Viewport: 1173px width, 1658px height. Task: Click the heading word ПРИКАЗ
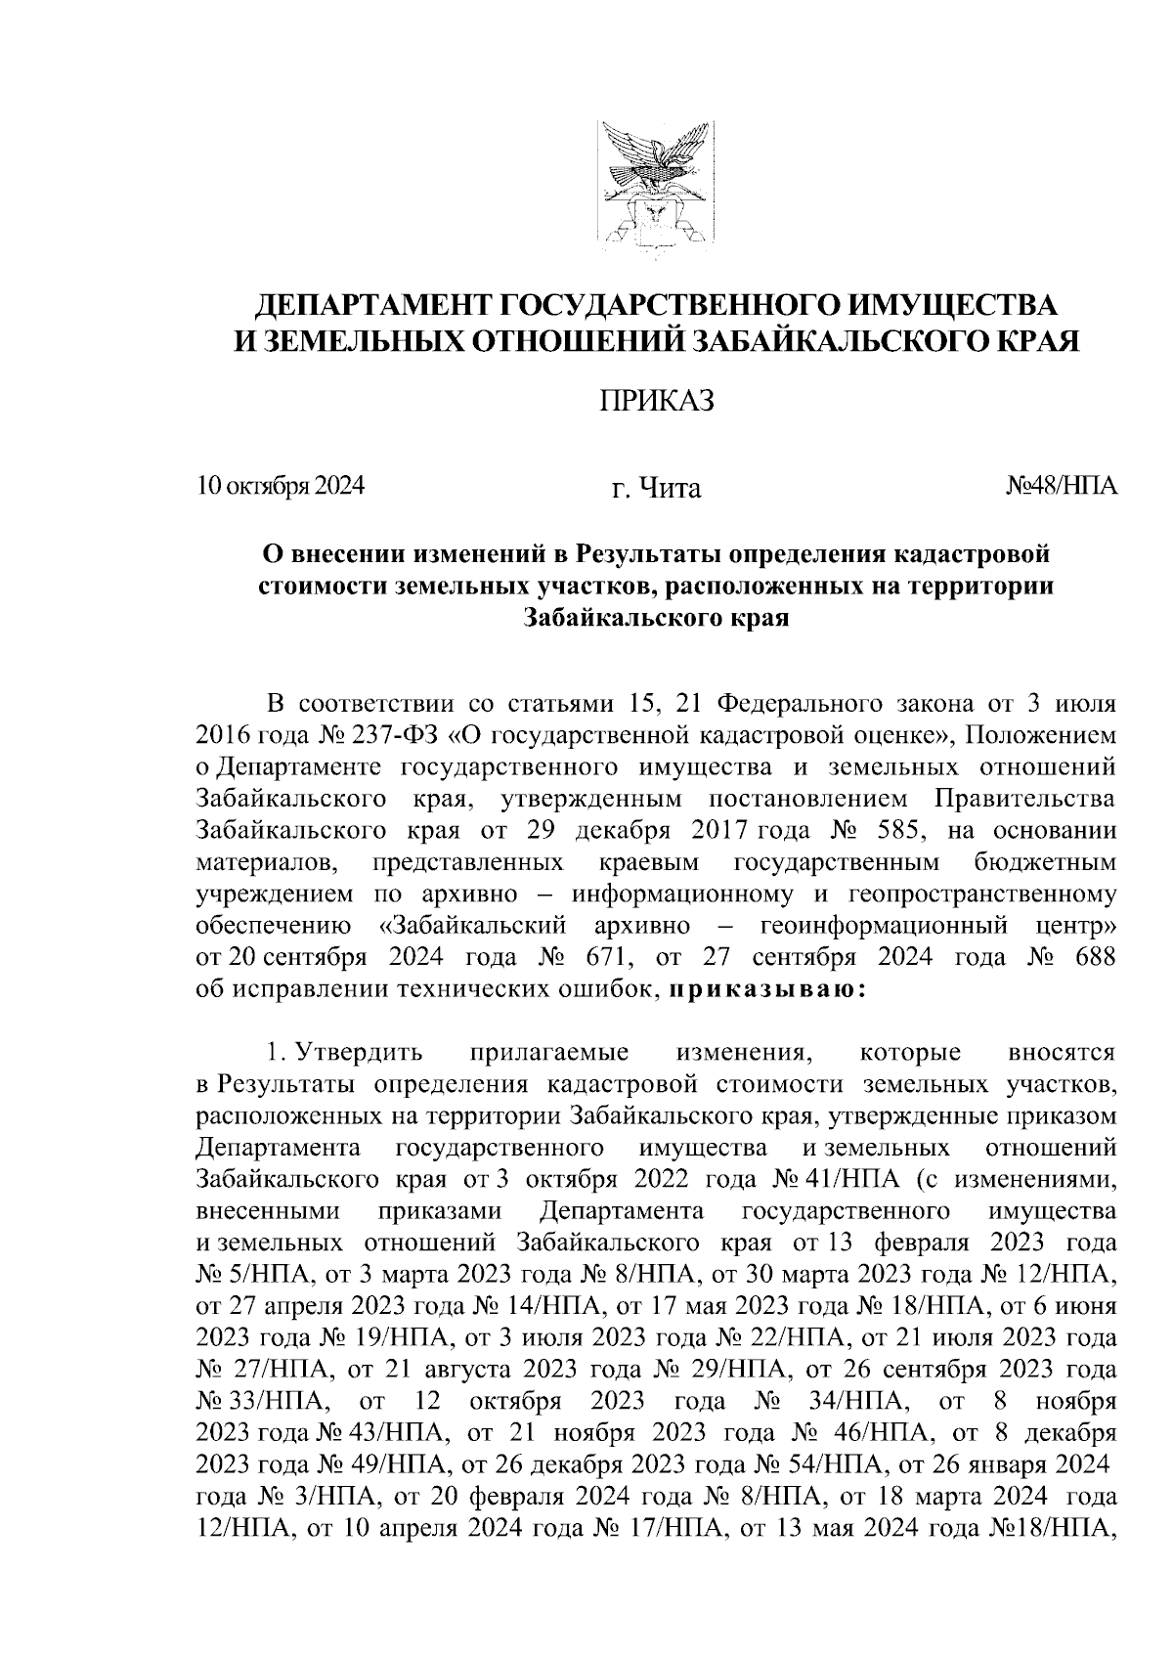(656, 402)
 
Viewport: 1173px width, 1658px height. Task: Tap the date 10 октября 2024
(280, 486)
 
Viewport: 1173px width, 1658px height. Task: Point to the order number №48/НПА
(1061, 486)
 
